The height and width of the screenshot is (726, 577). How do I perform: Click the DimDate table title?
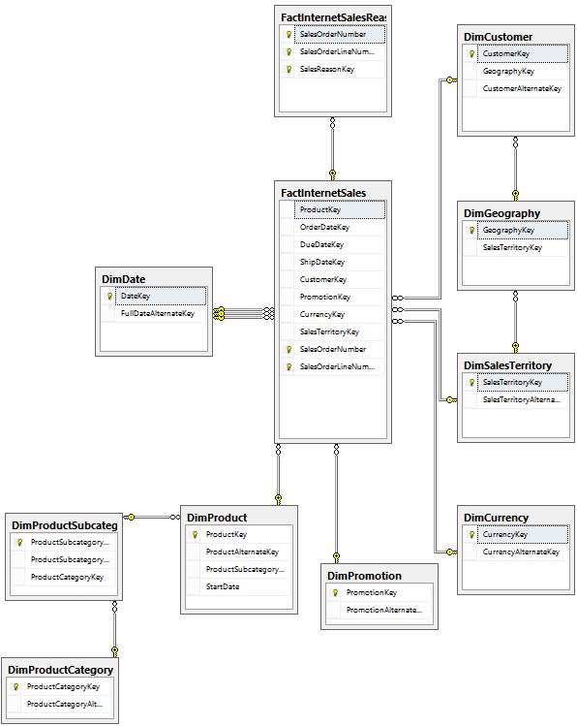(124, 279)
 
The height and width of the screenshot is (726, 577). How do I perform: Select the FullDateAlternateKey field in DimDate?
(158, 313)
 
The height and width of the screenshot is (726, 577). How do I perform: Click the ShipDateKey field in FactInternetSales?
(322, 262)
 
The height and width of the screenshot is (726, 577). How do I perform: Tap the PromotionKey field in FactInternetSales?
(325, 297)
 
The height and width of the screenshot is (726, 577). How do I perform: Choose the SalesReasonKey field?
(327, 69)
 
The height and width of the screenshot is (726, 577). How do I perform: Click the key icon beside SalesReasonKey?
(288, 70)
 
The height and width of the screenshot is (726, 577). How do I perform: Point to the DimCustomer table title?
(498, 37)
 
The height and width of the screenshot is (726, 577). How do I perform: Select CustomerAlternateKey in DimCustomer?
(522, 88)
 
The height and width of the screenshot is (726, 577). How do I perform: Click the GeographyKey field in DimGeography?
(508, 230)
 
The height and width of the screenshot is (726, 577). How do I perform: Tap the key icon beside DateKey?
(109, 297)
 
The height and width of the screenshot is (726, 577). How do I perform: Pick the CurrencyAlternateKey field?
(521, 552)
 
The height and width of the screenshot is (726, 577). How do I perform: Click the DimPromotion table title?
(364, 576)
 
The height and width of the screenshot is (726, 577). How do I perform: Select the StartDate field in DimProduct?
(223, 586)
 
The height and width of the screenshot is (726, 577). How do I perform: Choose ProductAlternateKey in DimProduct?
(242, 552)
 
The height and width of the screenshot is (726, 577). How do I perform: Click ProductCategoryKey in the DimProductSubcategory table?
(67, 577)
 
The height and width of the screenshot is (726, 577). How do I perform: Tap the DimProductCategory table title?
(61, 670)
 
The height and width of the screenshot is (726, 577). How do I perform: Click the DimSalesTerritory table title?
(507, 365)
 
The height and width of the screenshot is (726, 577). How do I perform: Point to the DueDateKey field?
(321, 244)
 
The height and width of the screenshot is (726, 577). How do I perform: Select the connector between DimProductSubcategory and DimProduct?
(152, 517)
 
